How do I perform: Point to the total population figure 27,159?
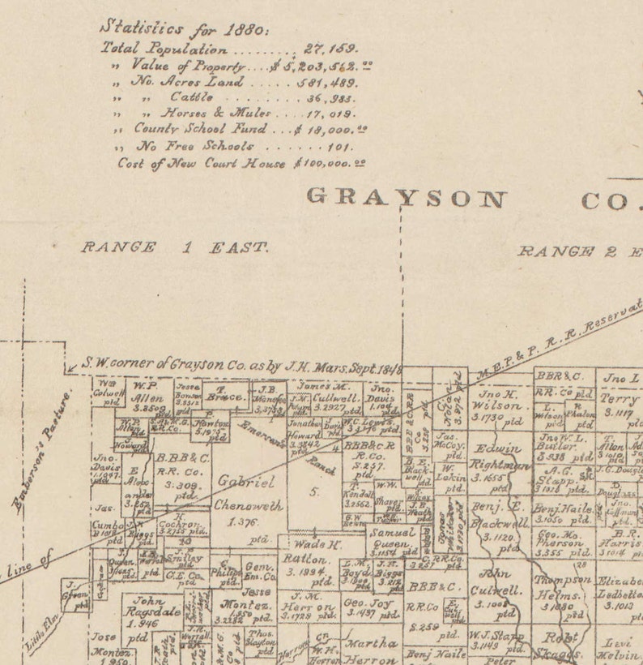coord(331,49)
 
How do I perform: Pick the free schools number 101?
coord(340,147)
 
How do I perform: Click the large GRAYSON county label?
coord(406,198)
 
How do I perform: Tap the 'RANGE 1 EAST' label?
coord(174,247)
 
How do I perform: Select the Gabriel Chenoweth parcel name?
coord(249,493)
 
